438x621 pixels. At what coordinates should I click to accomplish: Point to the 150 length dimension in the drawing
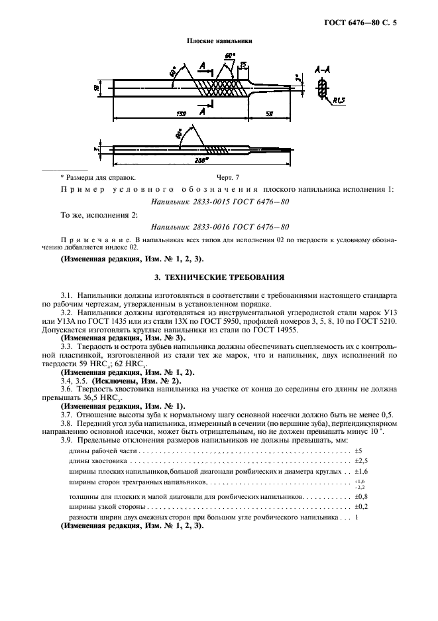(181, 114)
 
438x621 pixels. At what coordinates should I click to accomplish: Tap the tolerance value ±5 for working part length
(358, 450)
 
